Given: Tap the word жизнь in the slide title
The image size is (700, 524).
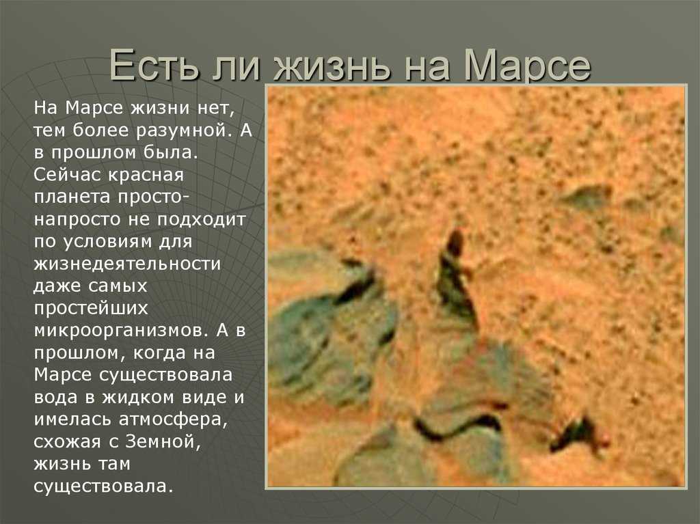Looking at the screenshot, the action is pos(333,66).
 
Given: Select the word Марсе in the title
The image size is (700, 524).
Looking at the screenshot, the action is pos(527,66).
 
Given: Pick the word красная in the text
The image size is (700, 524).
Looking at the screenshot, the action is pos(146,175).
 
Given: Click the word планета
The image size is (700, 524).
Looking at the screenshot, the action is pos(72,197).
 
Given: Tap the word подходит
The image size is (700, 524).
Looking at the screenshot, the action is pos(202,219).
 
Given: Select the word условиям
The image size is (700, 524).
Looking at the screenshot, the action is pos(108,242).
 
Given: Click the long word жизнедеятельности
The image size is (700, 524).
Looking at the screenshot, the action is pos(127,264).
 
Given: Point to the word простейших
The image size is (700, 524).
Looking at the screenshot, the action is pos(91,308).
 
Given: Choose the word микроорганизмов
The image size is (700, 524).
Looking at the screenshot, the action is pos(120,331).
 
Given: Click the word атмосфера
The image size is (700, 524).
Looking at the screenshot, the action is pos(173,420).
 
